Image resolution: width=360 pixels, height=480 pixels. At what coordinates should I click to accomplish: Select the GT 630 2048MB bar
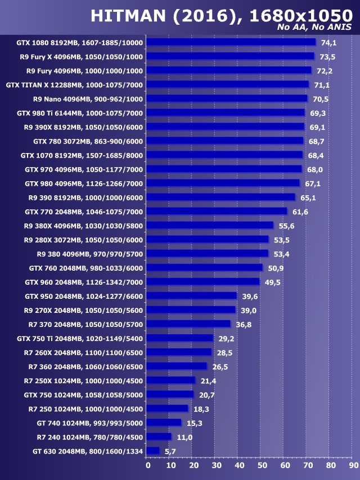click(152, 451)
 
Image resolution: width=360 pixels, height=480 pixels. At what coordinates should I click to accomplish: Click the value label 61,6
click(300, 212)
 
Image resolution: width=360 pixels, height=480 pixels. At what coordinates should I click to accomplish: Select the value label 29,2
click(226, 338)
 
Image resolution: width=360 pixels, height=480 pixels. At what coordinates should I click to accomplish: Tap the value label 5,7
click(170, 451)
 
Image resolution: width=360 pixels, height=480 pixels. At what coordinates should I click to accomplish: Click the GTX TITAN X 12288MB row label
click(74, 85)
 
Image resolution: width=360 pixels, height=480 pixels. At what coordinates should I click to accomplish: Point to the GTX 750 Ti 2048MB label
click(80, 338)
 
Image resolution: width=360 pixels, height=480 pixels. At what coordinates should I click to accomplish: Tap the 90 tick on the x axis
click(353, 465)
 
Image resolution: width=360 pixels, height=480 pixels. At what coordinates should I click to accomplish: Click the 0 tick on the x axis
click(148, 465)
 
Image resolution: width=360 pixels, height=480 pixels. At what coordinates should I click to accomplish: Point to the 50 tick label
click(262, 465)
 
